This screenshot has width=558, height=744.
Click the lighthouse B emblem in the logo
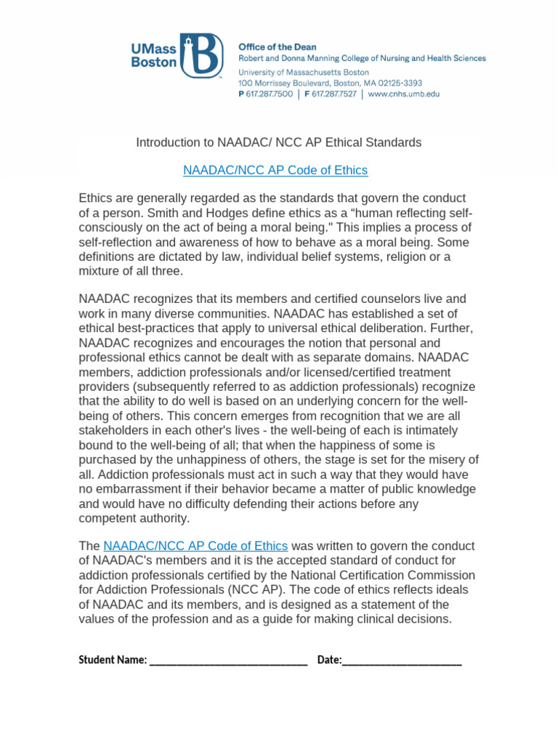click(203, 55)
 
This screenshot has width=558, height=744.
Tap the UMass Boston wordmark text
click(153, 55)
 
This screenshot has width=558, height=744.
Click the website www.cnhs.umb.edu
click(403, 94)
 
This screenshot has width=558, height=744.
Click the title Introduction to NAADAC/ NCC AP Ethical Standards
click(278, 142)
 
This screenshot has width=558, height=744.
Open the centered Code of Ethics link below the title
click(275, 170)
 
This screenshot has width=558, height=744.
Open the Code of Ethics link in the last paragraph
click(195, 546)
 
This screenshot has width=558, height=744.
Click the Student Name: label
click(112, 660)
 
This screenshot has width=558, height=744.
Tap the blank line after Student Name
click(228, 661)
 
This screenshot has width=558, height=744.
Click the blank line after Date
click(402, 661)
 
